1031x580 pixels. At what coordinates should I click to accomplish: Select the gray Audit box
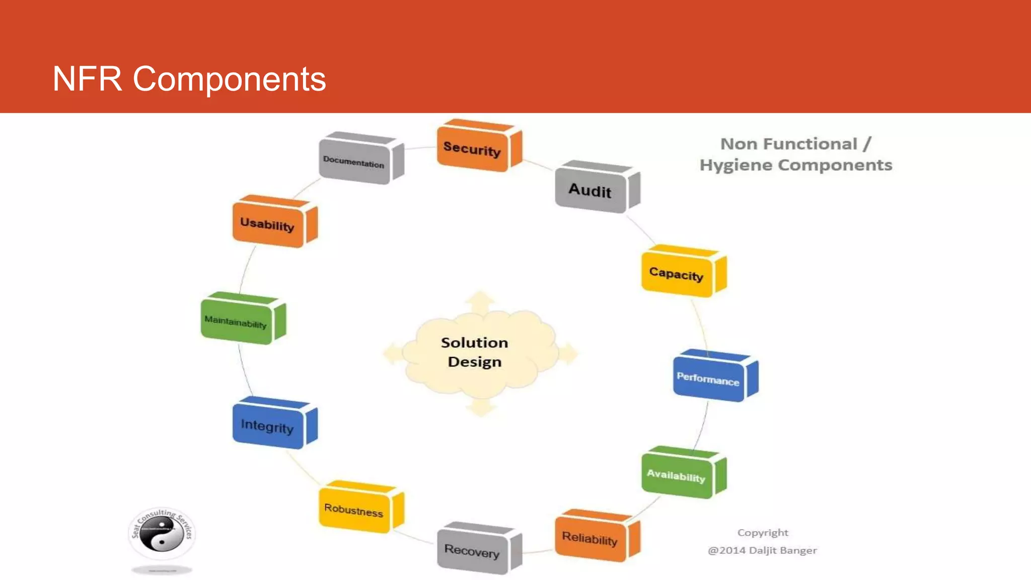(x=591, y=190)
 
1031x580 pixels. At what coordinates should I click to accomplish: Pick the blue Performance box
(x=708, y=379)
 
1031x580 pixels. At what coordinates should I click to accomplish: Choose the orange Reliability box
(x=590, y=539)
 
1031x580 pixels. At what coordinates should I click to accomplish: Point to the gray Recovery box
(x=472, y=551)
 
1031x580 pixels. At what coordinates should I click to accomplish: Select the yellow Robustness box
(x=354, y=510)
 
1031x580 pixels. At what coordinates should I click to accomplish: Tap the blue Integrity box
(x=268, y=426)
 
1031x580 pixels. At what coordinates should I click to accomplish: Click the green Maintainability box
(x=236, y=321)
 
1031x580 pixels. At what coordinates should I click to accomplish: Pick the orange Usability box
(x=268, y=225)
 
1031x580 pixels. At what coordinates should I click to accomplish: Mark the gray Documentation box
(x=354, y=162)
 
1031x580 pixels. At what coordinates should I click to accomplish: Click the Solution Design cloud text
(x=474, y=352)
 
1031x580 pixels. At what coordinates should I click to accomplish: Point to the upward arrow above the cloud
(x=480, y=301)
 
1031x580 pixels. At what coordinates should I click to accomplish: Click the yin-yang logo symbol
(x=161, y=535)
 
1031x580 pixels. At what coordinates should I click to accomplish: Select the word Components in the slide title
(x=230, y=79)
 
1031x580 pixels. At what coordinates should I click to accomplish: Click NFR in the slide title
(x=87, y=79)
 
